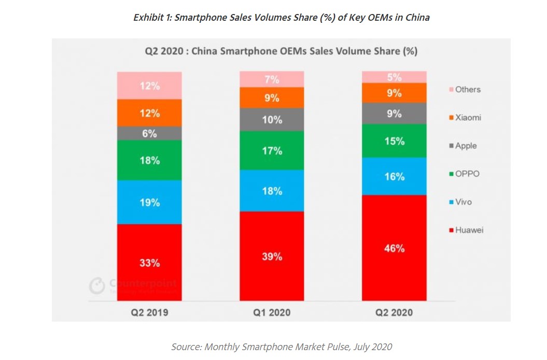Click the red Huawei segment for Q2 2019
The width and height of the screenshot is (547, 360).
click(149, 262)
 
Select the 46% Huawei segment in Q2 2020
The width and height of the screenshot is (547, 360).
click(395, 248)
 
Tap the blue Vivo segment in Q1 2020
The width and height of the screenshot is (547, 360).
click(272, 190)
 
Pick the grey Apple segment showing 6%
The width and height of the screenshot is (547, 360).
click(149, 133)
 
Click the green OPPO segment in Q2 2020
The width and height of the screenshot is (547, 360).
click(395, 141)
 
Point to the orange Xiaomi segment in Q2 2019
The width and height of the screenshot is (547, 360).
click(149, 113)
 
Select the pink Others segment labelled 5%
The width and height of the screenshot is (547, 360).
click(395, 77)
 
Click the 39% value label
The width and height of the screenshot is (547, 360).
click(272, 256)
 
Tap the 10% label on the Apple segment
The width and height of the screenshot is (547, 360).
click(272, 120)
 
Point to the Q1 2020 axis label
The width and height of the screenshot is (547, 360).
click(272, 312)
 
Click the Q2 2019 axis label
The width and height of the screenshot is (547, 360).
click(149, 312)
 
